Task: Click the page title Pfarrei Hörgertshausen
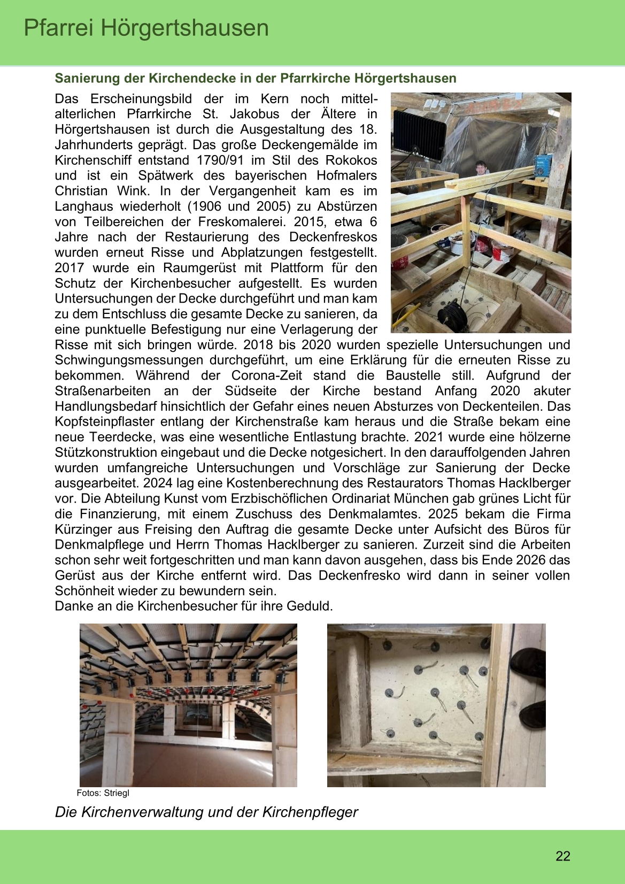(146, 28)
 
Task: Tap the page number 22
(563, 856)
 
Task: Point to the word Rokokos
(351, 160)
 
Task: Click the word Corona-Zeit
(266, 376)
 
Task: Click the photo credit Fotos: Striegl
(103, 793)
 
